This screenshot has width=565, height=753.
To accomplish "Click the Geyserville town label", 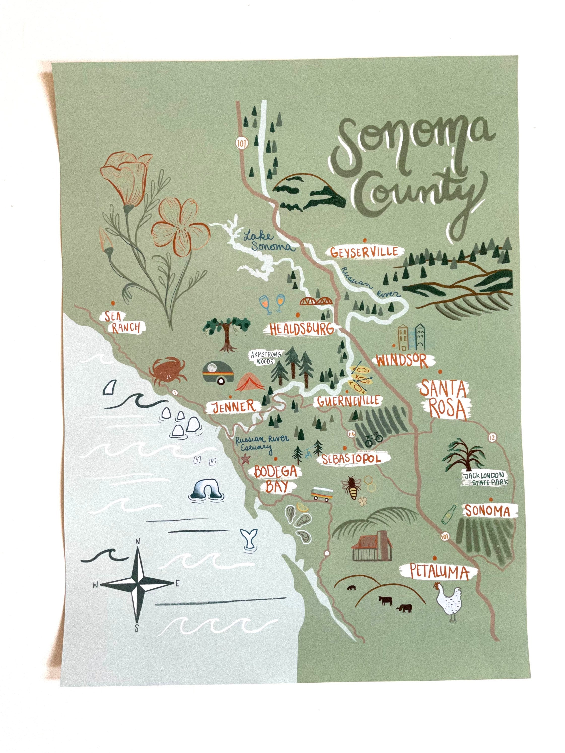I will tap(364, 252).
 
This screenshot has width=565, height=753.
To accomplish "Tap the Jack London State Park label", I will tap(485, 479).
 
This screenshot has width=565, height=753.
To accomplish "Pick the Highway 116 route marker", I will tap(351, 434).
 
